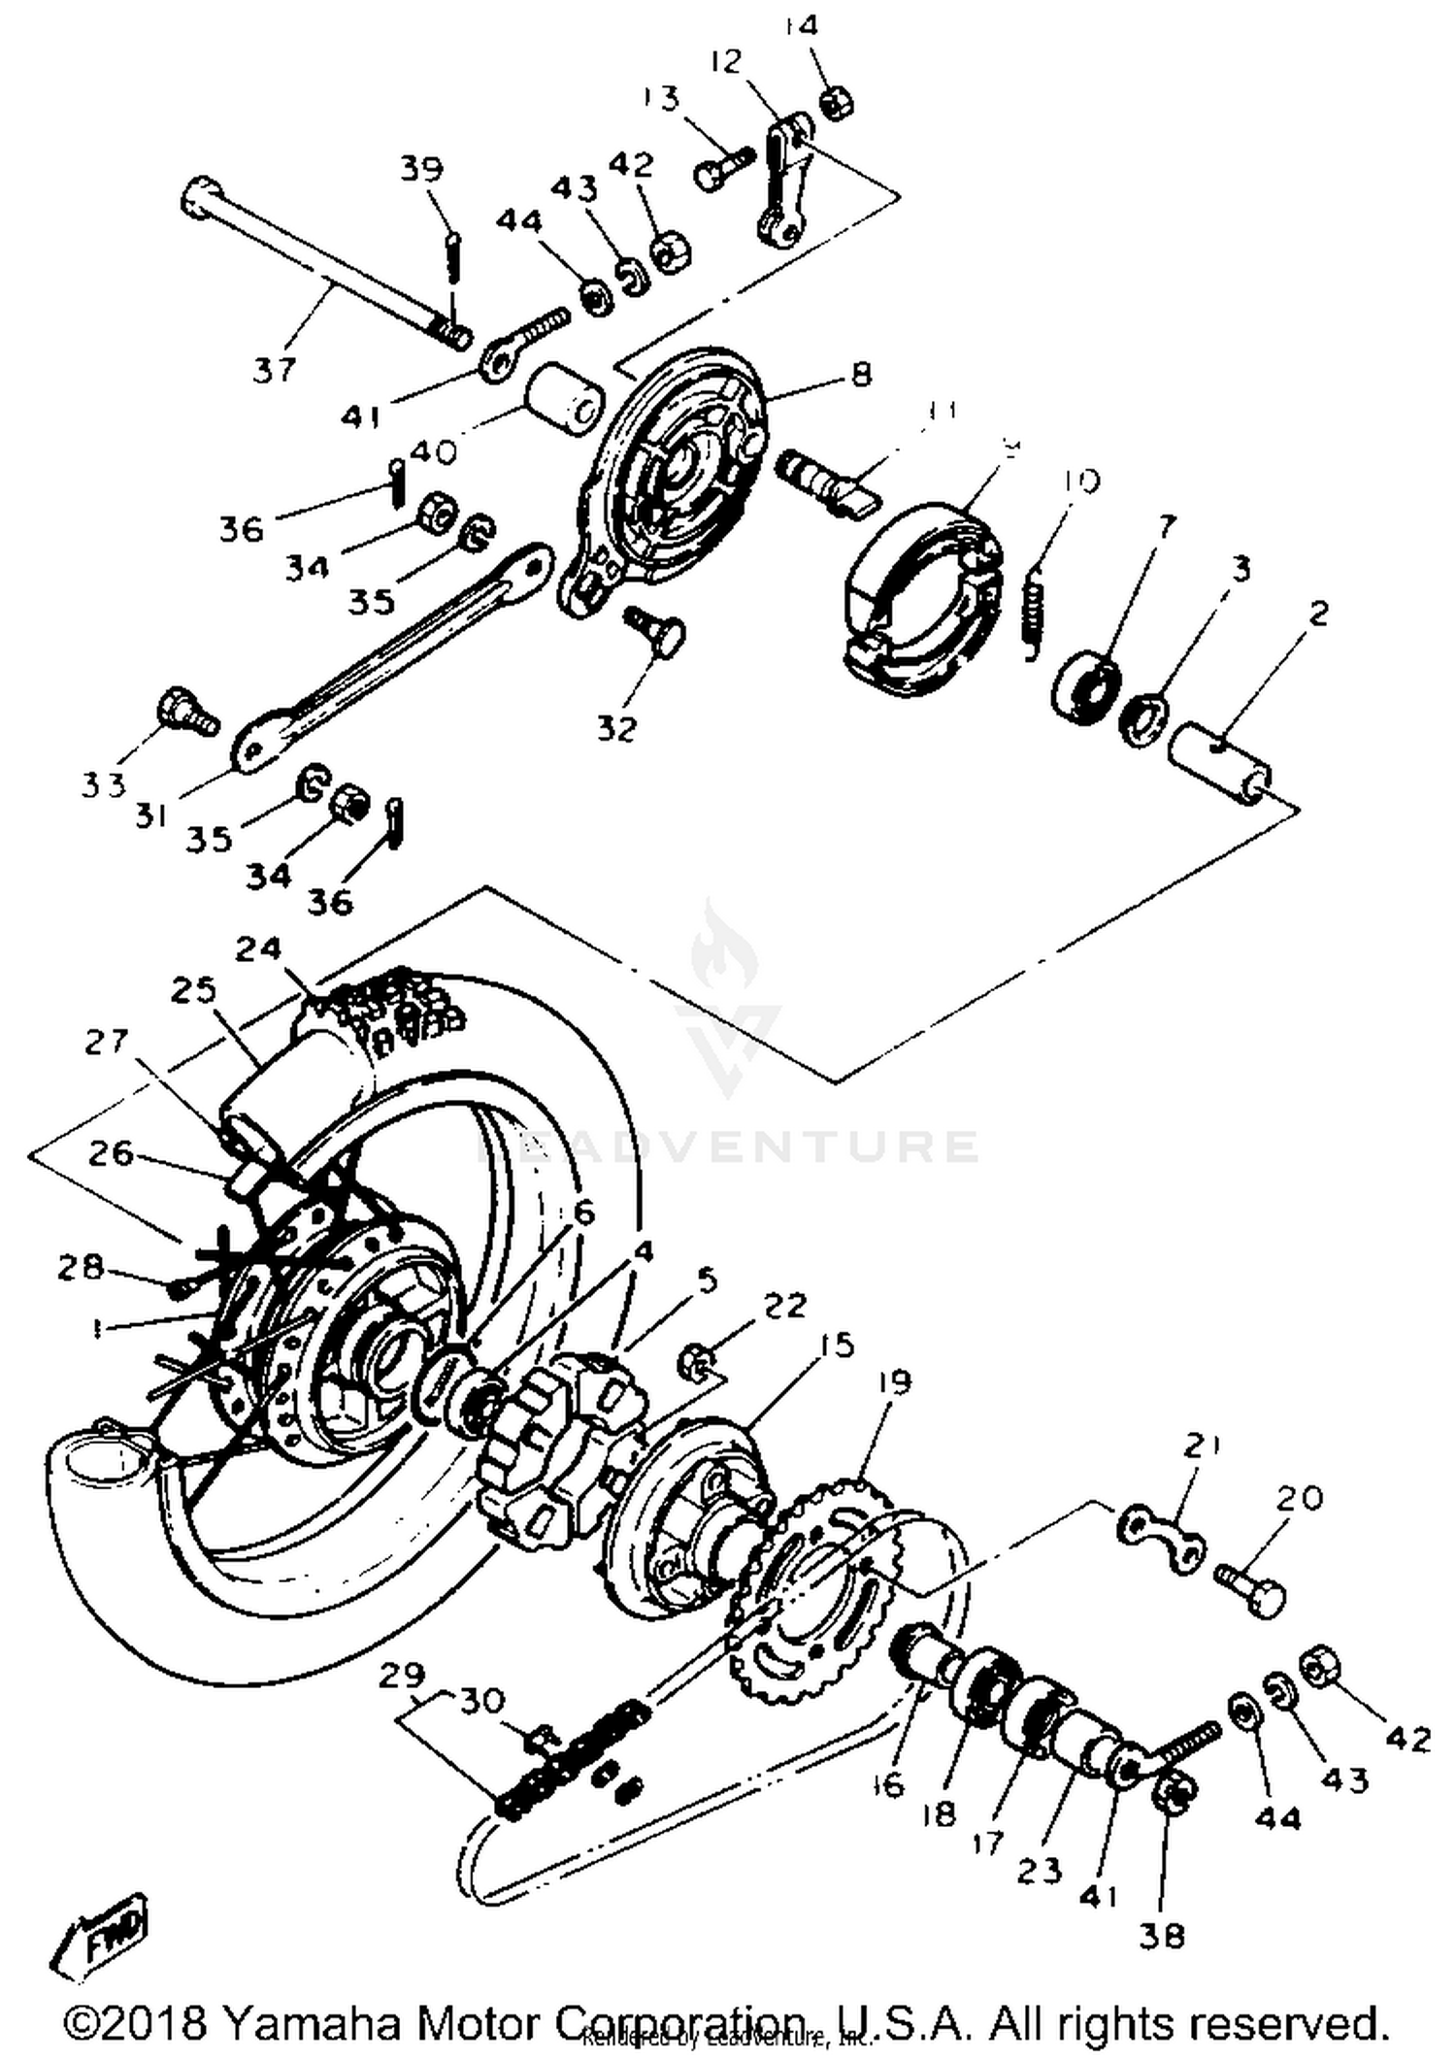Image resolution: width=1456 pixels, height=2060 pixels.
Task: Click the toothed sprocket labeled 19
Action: click(x=815, y=1592)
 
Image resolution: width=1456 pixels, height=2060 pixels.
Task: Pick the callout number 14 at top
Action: click(x=803, y=26)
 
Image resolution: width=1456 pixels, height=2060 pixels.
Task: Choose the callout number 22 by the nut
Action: click(x=784, y=1306)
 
